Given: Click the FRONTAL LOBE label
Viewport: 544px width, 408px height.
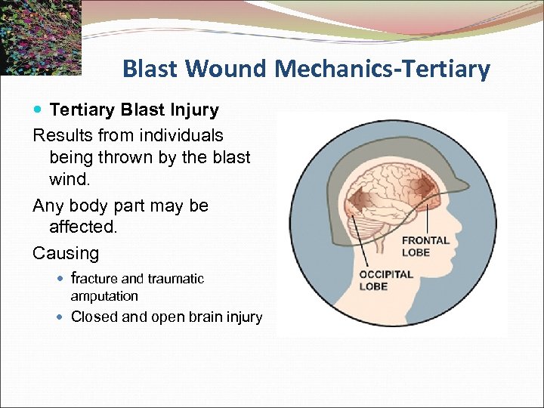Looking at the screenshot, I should tap(425, 246).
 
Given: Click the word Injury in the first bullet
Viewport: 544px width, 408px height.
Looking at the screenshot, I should tap(193, 110).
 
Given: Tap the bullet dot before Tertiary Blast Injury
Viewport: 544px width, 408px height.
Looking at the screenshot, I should tap(39, 110).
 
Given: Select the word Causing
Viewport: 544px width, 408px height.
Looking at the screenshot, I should tap(66, 252).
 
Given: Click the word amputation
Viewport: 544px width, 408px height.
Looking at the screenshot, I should tap(104, 296).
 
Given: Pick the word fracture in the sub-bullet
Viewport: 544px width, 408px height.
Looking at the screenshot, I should tap(94, 278).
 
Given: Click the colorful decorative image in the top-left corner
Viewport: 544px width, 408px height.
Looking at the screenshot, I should tap(40, 36).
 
